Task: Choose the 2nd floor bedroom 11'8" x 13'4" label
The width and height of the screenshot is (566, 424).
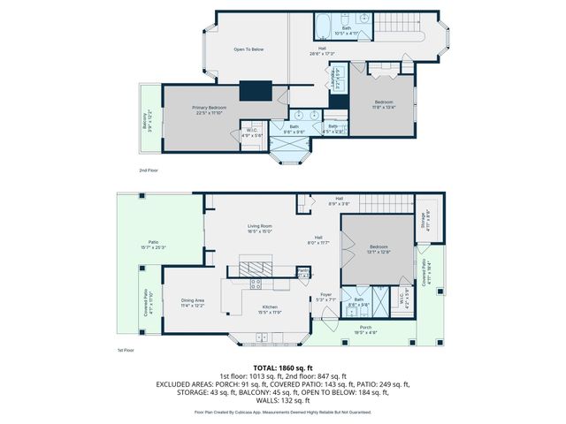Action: pyautogui.click(x=382, y=105)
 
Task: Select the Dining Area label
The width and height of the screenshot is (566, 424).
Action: pyautogui.click(x=193, y=302)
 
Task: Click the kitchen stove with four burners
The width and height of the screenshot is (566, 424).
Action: pyautogui.click(x=256, y=284)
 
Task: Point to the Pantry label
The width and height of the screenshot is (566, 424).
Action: pyautogui.click(x=302, y=271)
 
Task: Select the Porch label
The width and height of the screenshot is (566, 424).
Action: pyautogui.click(x=366, y=329)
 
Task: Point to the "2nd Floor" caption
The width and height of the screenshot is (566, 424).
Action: pyautogui.click(x=149, y=170)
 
